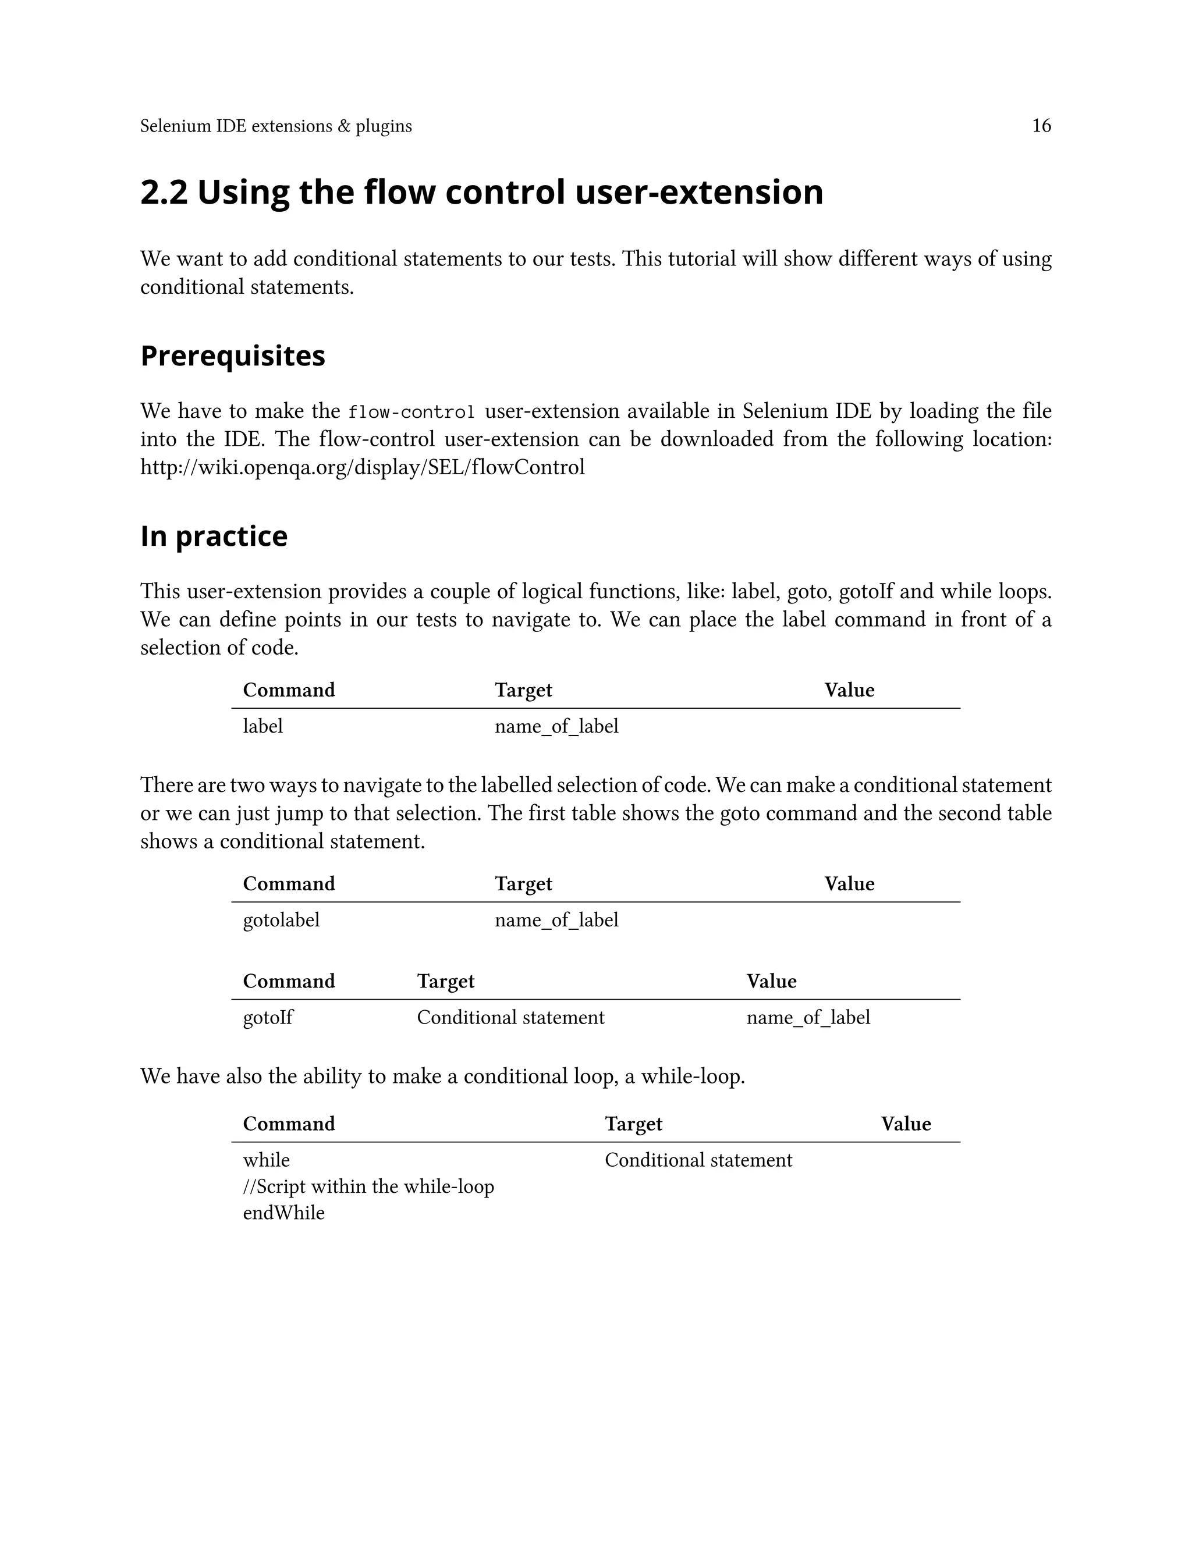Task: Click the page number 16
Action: (1041, 126)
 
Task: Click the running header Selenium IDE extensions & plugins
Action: (275, 126)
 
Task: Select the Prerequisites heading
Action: (232, 356)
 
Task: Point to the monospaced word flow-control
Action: (411, 411)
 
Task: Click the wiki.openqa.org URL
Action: (362, 467)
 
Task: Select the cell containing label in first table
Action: (262, 727)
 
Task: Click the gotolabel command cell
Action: (281, 920)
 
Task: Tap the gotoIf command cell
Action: (268, 1017)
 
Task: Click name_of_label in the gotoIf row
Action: (808, 1017)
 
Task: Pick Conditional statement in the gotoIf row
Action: (510, 1017)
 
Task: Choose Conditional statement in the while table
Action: (698, 1160)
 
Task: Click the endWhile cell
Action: (283, 1213)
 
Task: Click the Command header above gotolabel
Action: (288, 884)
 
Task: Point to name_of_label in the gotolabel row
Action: (556, 920)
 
